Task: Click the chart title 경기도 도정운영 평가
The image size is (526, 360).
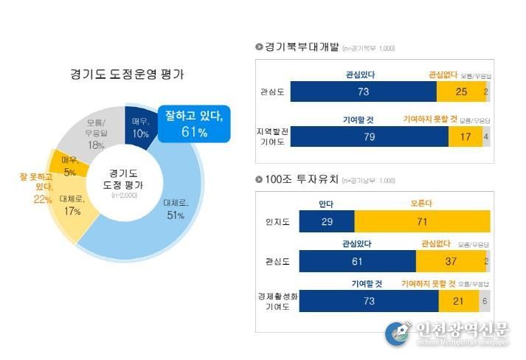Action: (127, 75)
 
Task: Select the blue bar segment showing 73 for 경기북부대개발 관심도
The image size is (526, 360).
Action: (363, 91)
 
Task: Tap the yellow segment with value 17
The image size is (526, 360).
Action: (466, 136)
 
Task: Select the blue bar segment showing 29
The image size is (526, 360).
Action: (327, 221)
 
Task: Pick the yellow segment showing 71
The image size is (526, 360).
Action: (422, 221)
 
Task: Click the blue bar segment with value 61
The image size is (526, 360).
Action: (358, 260)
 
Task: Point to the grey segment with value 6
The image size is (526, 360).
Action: (484, 301)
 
